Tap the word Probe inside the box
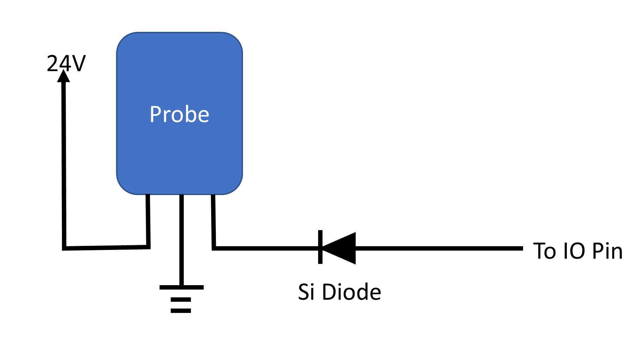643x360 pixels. tap(179, 114)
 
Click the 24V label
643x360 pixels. tap(66, 63)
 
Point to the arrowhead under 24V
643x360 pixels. tap(63, 76)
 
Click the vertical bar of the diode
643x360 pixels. tap(320, 247)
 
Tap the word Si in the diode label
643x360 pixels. tap(306, 292)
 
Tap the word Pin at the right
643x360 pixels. tap(607, 251)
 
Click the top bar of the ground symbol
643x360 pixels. tap(181, 287)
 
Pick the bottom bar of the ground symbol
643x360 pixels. tap(181, 311)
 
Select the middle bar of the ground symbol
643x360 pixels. tap(181, 300)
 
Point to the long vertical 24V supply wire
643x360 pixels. tap(64, 163)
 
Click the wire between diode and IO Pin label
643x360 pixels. tap(440, 248)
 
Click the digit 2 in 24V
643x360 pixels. tap(53, 63)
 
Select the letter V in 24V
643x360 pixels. tap(79, 63)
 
